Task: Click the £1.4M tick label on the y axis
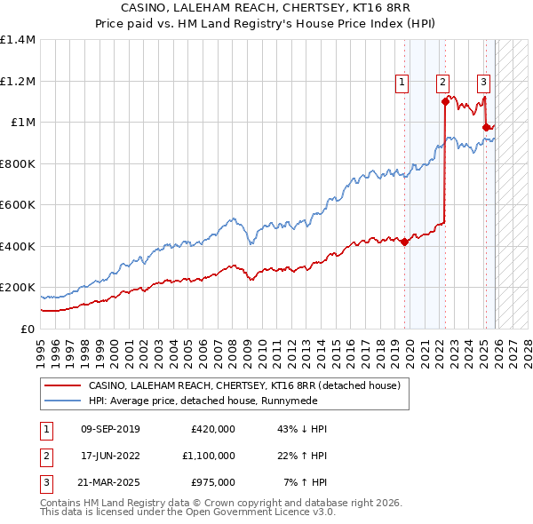(x=18, y=40)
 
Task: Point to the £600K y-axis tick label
(x=18, y=205)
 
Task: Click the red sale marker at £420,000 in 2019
(x=404, y=242)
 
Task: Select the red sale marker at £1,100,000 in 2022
(x=445, y=101)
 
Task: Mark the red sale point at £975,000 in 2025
(x=486, y=128)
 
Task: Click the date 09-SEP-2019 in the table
(x=110, y=429)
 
